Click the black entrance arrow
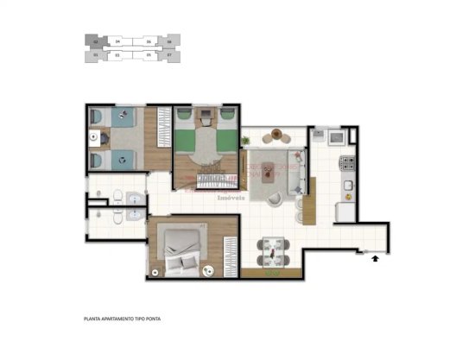tap(375, 256)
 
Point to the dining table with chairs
tap(272, 251)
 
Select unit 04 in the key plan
tap(117, 41)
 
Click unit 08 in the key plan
tap(169, 41)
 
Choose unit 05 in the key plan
tap(149, 56)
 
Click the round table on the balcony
tap(278, 134)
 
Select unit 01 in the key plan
tap(94, 56)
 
